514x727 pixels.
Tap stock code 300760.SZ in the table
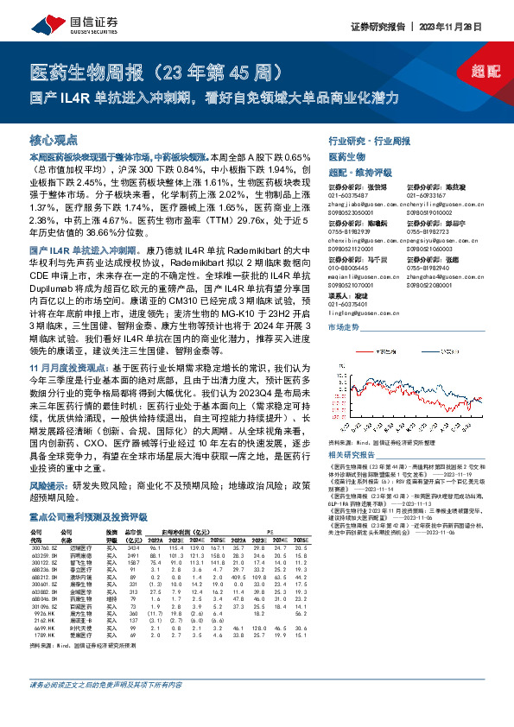click(x=43, y=549)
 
